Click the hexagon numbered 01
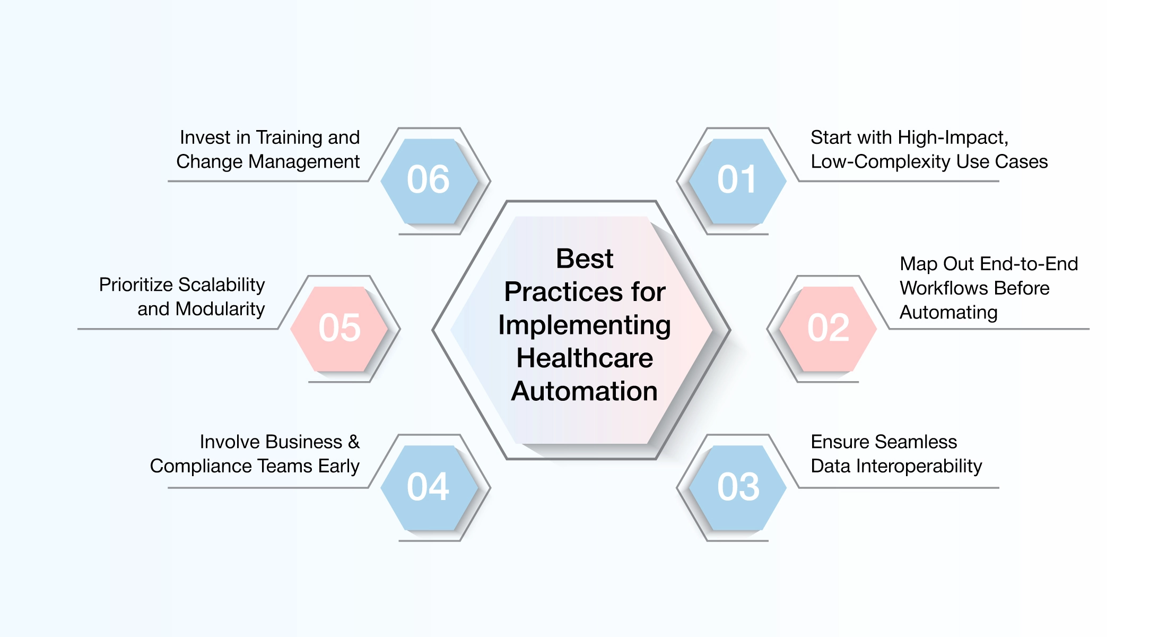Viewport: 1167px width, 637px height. pyautogui.click(x=737, y=180)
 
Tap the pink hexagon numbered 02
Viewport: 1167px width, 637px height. pyautogui.click(x=828, y=329)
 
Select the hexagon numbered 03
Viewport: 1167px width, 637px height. pyautogui.click(x=737, y=487)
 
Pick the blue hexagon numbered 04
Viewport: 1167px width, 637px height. pyautogui.click(x=429, y=487)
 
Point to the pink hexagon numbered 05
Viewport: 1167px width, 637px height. pyautogui.click(x=339, y=329)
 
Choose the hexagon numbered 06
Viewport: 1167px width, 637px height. pyautogui.click(x=429, y=180)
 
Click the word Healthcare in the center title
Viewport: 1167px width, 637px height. pyautogui.click(x=585, y=358)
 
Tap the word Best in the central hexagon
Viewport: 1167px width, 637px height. pyautogui.click(x=585, y=259)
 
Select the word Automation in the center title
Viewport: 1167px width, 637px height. pyautogui.click(x=585, y=392)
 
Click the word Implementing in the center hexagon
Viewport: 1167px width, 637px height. pyautogui.click(x=585, y=325)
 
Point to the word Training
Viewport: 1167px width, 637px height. pyautogui.click(x=289, y=138)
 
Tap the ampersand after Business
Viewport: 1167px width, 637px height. pyautogui.click(x=354, y=442)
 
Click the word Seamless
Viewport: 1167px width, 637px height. pyautogui.click(x=916, y=442)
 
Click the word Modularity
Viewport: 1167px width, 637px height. pyautogui.click(x=220, y=309)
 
